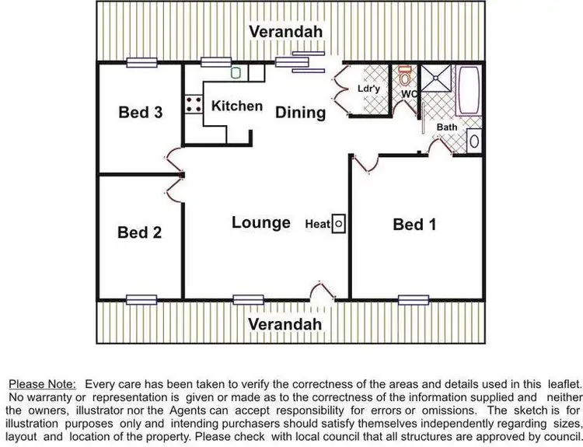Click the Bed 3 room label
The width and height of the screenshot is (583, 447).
140,113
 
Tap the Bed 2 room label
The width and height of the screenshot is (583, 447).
139,232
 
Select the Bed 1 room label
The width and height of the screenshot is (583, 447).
414,225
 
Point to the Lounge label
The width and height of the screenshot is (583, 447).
260,222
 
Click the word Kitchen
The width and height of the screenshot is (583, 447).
237,106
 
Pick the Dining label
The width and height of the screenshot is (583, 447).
301,113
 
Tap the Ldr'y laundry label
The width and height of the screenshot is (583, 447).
369,89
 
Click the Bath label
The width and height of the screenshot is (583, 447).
446,127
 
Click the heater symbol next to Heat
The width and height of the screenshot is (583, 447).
339,224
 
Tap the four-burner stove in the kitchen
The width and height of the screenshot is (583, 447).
194,105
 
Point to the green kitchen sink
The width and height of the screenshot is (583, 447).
236,74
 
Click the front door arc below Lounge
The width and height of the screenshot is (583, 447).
321,292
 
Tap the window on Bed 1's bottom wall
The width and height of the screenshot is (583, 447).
414,298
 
